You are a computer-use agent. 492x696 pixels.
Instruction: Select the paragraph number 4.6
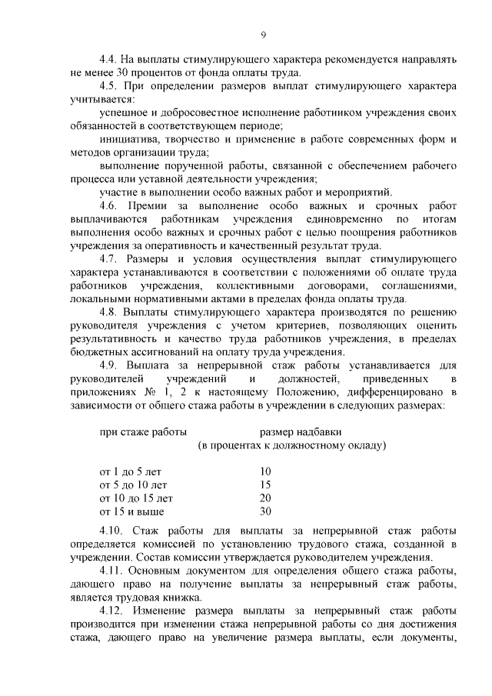coord(111,206)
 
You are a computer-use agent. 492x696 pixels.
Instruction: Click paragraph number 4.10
coord(113,531)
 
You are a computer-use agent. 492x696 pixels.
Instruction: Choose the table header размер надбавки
coord(301,432)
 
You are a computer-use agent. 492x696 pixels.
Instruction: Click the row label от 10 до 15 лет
coord(136,498)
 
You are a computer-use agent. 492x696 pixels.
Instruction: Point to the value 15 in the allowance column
coord(266,485)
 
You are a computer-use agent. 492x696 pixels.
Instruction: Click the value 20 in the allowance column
coord(266,498)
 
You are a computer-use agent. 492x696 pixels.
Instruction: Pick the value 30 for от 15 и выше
coord(266,511)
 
